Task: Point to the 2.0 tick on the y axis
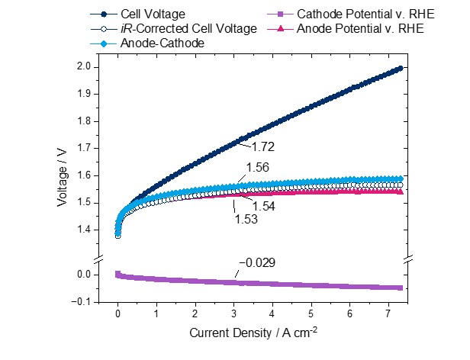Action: [x=88, y=67]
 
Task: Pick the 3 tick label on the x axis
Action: [x=233, y=313]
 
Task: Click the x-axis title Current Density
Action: [x=253, y=333]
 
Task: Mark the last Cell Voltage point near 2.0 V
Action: [x=399, y=69]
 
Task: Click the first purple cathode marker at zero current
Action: [x=117, y=274]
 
